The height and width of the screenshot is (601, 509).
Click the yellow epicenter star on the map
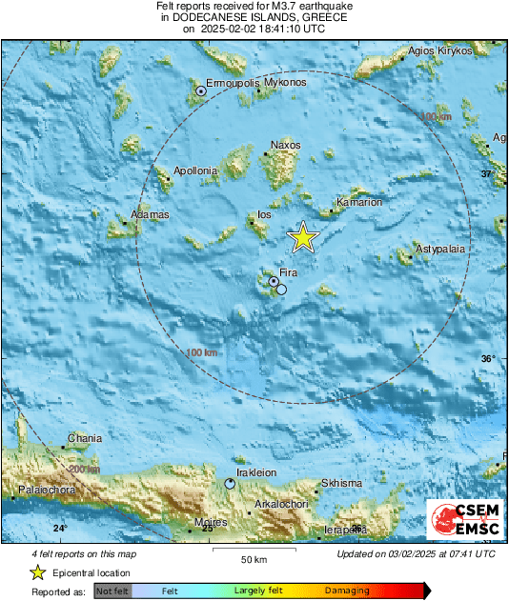(x=303, y=237)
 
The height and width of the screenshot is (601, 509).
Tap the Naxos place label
(x=285, y=145)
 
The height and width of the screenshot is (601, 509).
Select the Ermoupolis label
(x=234, y=83)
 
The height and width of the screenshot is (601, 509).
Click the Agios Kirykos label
(x=440, y=50)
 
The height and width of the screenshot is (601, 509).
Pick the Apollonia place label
(x=196, y=171)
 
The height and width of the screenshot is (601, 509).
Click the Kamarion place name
(x=360, y=203)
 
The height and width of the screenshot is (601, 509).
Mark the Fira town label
(x=289, y=273)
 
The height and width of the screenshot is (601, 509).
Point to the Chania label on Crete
(x=84, y=439)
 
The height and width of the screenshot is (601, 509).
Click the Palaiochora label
(x=48, y=492)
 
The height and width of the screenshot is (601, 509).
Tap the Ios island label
(x=264, y=215)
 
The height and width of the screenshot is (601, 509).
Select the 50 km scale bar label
(x=253, y=558)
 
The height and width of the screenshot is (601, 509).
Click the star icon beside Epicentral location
(x=37, y=572)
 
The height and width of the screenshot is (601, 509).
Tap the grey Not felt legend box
(x=113, y=591)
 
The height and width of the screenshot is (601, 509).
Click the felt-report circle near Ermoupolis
(x=200, y=91)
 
